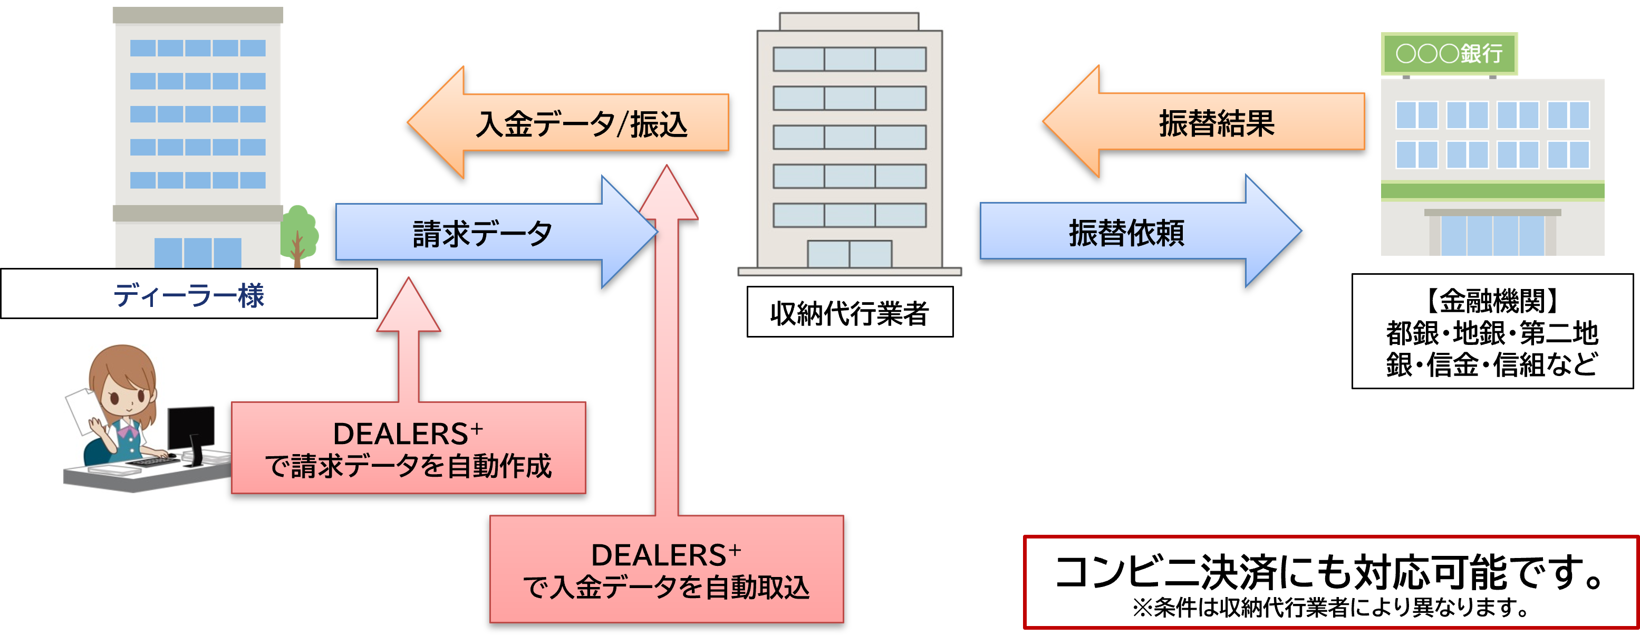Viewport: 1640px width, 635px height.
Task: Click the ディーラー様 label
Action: (x=188, y=294)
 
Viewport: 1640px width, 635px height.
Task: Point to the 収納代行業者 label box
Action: (x=850, y=312)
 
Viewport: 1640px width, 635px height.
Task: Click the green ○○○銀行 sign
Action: (x=1449, y=53)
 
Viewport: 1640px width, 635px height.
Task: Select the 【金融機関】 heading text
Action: (x=1492, y=301)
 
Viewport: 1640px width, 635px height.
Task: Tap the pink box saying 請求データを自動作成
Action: (x=408, y=448)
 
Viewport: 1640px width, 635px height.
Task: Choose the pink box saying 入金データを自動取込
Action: (x=666, y=570)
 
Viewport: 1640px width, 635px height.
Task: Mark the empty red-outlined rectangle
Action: (x=1330, y=582)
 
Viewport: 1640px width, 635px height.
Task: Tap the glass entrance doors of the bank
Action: (x=1492, y=234)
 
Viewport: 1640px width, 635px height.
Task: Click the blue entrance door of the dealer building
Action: (x=197, y=252)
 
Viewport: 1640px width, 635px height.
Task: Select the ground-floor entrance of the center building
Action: (x=850, y=254)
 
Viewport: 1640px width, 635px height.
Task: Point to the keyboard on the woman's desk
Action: (x=153, y=460)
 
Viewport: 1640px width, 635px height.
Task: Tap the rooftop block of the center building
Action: (x=850, y=21)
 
